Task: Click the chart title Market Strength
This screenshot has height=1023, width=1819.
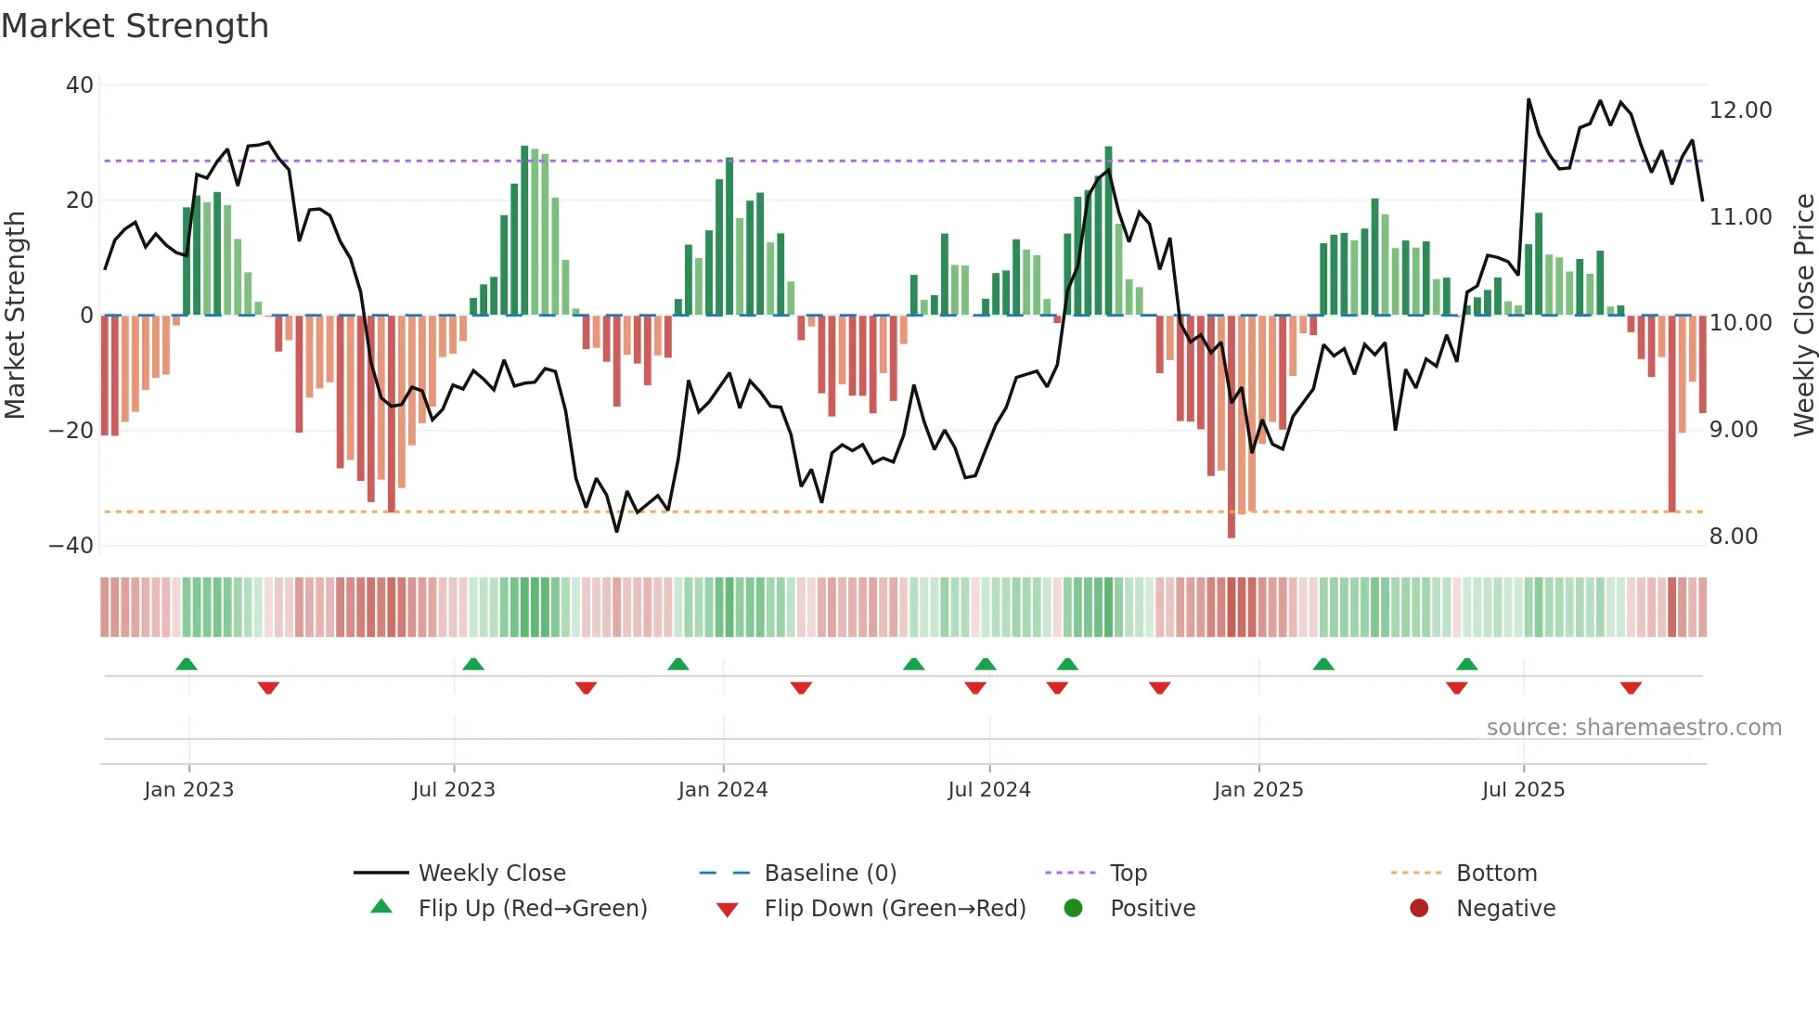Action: pyautogui.click(x=135, y=26)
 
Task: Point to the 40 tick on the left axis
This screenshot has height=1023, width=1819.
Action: pyautogui.click(x=80, y=85)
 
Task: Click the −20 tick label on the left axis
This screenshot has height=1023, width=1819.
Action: pyautogui.click(x=71, y=431)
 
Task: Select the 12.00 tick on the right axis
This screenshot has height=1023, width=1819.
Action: pyautogui.click(x=1740, y=110)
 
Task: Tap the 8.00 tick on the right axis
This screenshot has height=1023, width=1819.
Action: pyautogui.click(x=1733, y=537)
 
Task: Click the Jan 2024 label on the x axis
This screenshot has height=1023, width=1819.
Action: pyautogui.click(x=723, y=790)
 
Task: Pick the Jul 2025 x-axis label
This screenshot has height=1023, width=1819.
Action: pyautogui.click(x=1523, y=790)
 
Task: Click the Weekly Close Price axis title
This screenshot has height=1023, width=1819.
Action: pyautogui.click(x=1803, y=316)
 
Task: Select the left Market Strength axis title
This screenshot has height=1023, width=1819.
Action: pyautogui.click(x=16, y=316)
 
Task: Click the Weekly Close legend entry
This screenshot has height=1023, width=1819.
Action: pyautogui.click(x=491, y=874)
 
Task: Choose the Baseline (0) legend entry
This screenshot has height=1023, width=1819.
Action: pyautogui.click(x=830, y=874)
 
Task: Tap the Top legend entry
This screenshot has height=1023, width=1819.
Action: pyautogui.click(x=1128, y=874)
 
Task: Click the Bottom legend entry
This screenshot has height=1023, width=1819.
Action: pyautogui.click(x=1496, y=874)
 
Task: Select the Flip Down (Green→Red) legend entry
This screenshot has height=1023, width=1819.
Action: pyautogui.click(x=895, y=909)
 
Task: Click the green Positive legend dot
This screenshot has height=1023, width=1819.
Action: pyautogui.click(x=1074, y=909)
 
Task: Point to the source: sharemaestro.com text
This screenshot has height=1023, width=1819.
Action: pyautogui.click(x=1633, y=728)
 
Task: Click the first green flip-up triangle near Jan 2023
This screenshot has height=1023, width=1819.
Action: pyautogui.click(x=187, y=665)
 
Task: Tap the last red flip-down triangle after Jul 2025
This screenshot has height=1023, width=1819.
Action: pyautogui.click(x=1631, y=688)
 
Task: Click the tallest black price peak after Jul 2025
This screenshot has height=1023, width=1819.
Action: pyautogui.click(x=1529, y=100)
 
